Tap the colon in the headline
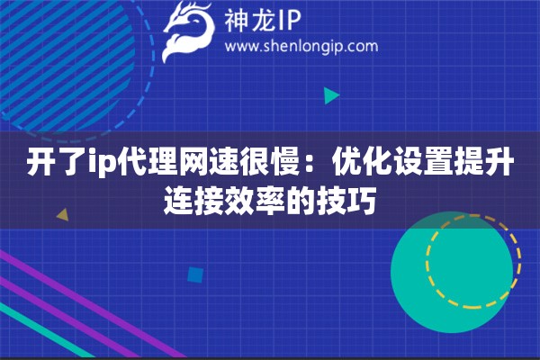coord(317,166)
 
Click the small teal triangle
coord(331,94)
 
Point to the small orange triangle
coord(62,215)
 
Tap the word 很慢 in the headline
coord(271,165)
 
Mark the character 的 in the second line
coord(301,198)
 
